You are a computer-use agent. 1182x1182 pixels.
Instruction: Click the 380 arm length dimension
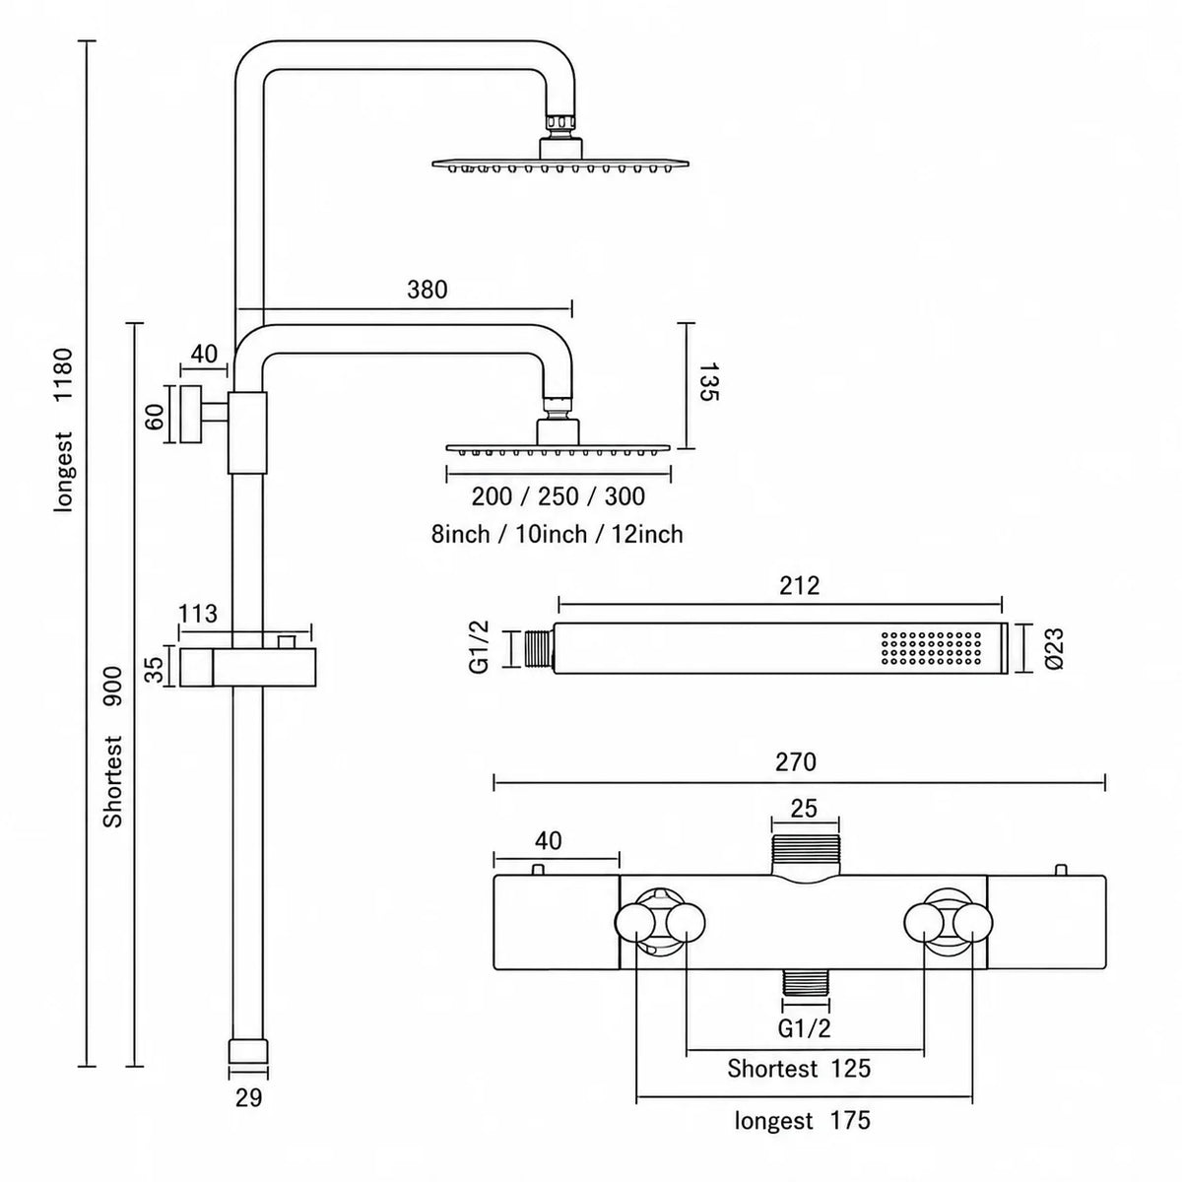coord(427,290)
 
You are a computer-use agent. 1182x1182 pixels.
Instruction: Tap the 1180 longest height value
coord(63,374)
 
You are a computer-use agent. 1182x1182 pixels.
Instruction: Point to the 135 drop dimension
coord(708,381)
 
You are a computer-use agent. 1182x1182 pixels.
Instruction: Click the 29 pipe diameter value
coord(248,1098)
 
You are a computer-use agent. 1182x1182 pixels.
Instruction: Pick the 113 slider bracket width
coord(198,614)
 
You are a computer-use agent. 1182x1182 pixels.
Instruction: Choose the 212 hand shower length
coord(799,586)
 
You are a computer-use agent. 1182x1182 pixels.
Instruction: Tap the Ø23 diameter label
coord(1054,648)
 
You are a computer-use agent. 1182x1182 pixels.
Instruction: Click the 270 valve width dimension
coord(796,762)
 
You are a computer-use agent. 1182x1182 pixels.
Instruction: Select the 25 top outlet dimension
coord(804,809)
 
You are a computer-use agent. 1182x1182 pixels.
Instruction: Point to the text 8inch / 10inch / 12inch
coord(557,534)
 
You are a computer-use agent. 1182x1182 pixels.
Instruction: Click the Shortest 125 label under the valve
coord(799,1069)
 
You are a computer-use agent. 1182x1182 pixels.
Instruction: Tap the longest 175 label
coord(803,1121)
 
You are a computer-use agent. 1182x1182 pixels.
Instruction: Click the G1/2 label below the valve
coord(804,1028)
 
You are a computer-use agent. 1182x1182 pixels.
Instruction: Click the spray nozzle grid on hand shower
coord(931,648)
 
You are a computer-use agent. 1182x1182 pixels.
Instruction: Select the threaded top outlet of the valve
coord(805,853)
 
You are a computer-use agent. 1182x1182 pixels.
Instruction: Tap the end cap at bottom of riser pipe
coord(248,1050)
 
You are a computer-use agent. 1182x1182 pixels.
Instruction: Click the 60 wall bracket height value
coord(156,417)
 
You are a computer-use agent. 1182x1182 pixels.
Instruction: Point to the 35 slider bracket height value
coord(156,669)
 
